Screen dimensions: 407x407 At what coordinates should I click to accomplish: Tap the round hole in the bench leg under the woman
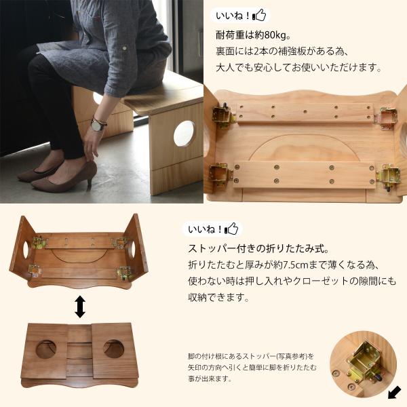pos(184,134)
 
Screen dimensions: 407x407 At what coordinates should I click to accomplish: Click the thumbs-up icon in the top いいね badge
pos(260,16)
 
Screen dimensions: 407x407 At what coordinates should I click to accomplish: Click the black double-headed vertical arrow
pos(80,307)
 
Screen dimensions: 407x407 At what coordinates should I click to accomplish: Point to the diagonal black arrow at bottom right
pos(394,392)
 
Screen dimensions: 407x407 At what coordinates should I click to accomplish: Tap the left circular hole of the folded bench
pos(46,349)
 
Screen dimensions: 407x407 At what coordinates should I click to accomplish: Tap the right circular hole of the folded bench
pos(113,349)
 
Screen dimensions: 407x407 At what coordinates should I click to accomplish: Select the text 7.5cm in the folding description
pos(292,265)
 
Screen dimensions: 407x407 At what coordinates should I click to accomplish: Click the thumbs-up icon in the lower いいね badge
pos(231,229)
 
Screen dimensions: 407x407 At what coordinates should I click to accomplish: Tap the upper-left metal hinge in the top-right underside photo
pos(223,116)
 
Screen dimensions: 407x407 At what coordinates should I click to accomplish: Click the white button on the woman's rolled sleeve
pos(125,48)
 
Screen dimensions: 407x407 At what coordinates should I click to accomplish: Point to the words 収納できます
pos(218,298)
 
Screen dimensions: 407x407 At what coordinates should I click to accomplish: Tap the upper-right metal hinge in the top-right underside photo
pos(387,117)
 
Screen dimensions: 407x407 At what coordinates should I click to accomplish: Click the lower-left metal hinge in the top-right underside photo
pos(220,174)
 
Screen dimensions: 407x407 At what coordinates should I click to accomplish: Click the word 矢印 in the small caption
pos(193,368)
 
